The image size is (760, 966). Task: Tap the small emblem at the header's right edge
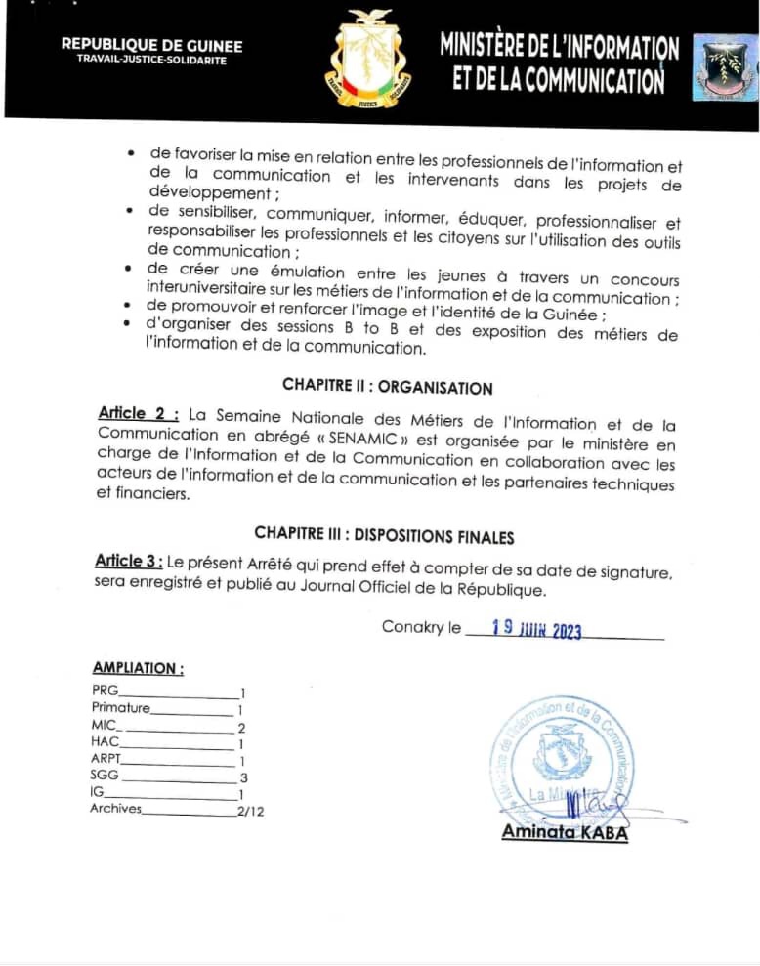(726, 66)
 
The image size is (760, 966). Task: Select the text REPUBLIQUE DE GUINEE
(151, 45)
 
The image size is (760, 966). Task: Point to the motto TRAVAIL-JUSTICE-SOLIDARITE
(151, 61)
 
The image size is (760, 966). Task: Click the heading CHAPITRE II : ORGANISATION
(388, 387)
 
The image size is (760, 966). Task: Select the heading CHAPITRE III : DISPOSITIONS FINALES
(384, 534)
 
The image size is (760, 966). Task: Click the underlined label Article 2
(138, 412)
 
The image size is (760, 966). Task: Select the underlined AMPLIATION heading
(138, 668)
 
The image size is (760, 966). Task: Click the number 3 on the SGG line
(243, 778)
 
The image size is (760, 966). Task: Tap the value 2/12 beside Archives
(250, 810)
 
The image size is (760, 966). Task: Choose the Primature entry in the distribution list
(121, 707)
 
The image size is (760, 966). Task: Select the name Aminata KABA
(565, 832)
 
